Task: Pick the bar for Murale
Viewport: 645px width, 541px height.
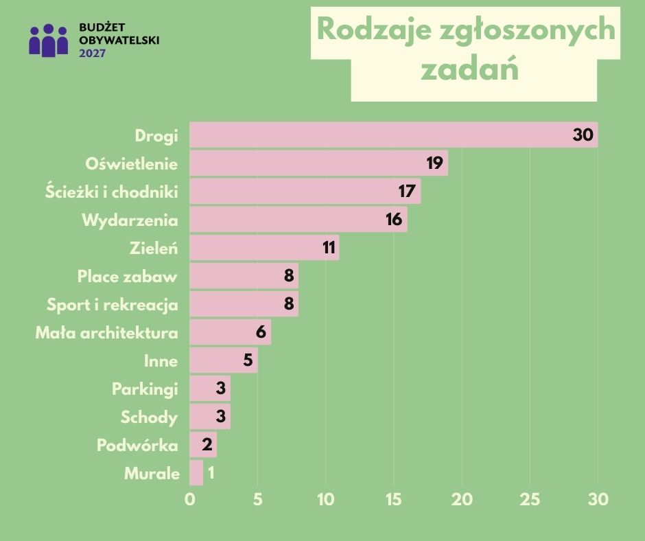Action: click(x=196, y=473)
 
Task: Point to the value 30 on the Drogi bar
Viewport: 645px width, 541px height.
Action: click(x=583, y=135)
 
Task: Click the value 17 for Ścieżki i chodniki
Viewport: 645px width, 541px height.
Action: click(x=407, y=192)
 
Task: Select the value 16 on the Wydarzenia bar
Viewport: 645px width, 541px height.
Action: click(x=393, y=220)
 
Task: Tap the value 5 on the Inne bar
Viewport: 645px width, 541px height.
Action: click(x=248, y=360)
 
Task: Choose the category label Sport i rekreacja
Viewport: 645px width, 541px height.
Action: click(x=113, y=304)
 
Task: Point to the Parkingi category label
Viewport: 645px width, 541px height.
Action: click(x=145, y=389)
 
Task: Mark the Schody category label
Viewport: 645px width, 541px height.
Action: click(x=149, y=417)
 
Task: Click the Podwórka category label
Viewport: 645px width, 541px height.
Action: click(x=137, y=445)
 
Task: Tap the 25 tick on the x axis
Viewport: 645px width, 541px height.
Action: click(x=530, y=500)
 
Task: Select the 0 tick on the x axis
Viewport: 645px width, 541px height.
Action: click(x=190, y=500)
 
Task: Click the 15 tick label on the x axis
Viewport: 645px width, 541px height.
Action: click(x=393, y=500)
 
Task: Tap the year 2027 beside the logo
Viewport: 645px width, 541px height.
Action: click(x=93, y=52)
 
